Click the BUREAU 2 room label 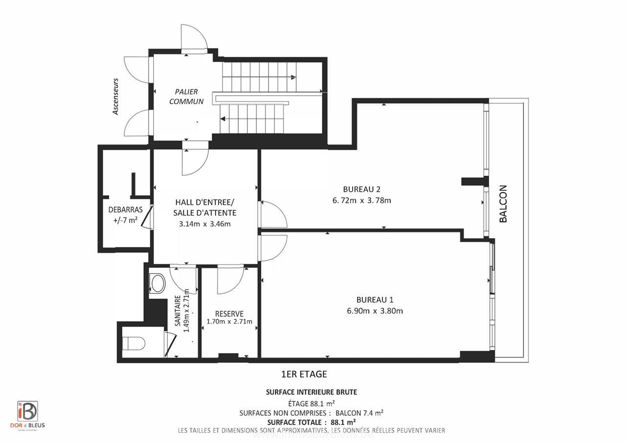[361, 189]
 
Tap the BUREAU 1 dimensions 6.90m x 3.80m [375, 311]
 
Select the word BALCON [503, 203]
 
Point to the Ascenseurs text [116, 96]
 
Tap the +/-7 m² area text [125, 220]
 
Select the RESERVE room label [229, 313]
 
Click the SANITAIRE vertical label [179, 311]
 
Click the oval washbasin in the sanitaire [158, 283]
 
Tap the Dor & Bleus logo [28, 414]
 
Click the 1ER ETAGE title [304, 375]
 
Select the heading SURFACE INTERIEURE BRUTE [311, 392]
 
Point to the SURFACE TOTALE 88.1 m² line [311, 422]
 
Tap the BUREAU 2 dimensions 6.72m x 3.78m [361, 200]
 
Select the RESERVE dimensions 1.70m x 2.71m [229, 322]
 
